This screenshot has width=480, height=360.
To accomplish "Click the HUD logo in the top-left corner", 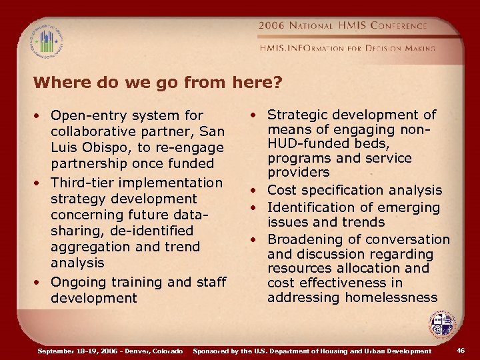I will click(45, 41).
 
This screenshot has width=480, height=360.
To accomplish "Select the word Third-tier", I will click(81, 182).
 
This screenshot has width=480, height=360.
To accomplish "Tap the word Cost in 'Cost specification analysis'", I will click(282, 190).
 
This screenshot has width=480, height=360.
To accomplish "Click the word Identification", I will click(312, 207).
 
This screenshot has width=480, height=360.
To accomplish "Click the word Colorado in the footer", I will click(166, 350).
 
